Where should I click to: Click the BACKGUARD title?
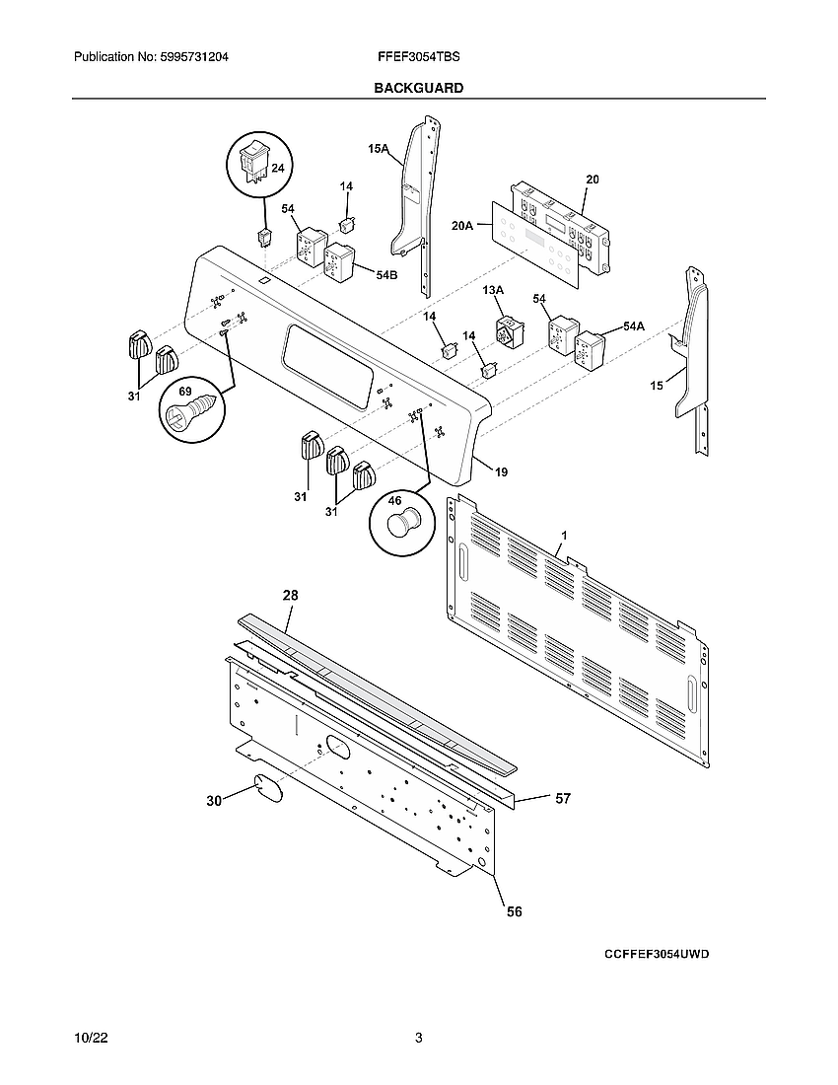(x=418, y=88)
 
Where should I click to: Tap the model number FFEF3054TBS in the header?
(x=418, y=58)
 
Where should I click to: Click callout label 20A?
(x=463, y=226)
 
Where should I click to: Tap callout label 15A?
(x=379, y=149)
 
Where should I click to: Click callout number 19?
(x=502, y=472)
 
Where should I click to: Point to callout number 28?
(x=290, y=596)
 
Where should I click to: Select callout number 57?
(x=563, y=799)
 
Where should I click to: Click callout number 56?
(x=515, y=912)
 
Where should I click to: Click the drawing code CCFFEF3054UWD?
(x=658, y=955)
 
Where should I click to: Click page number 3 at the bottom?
(x=418, y=1039)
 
